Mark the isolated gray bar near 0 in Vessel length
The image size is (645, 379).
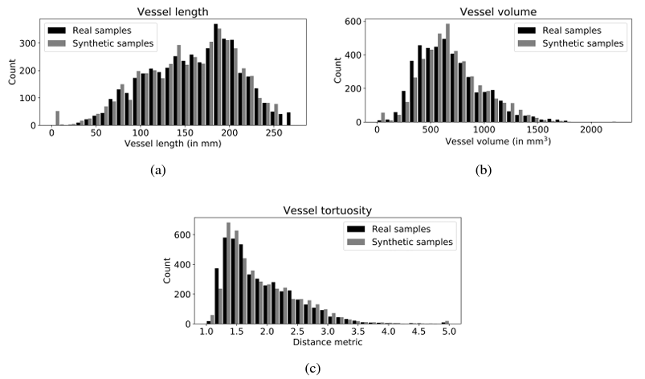(57, 118)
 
